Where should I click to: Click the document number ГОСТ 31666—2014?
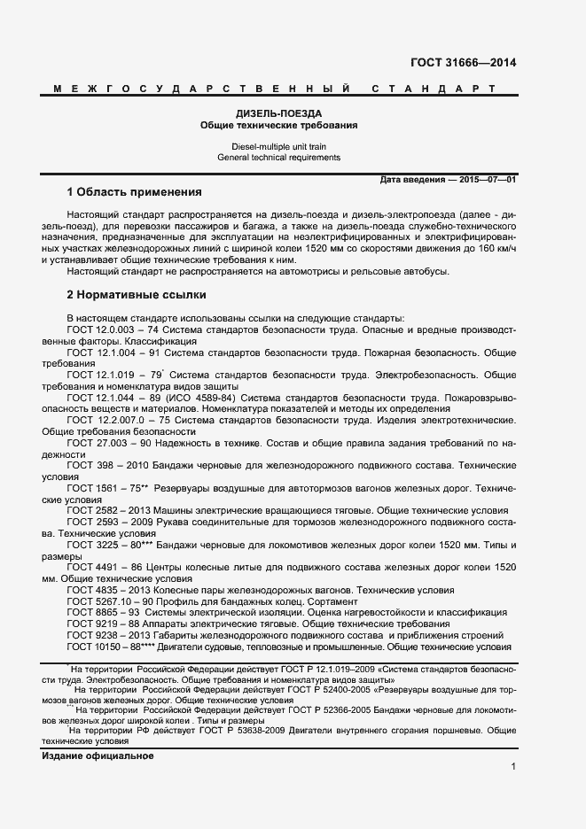click(x=462, y=63)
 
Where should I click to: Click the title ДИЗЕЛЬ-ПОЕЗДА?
click(x=277, y=114)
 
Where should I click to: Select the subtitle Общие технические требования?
click(x=278, y=126)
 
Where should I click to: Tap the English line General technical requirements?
click(x=278, y=157)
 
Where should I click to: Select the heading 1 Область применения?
click(x=135, y=192)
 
